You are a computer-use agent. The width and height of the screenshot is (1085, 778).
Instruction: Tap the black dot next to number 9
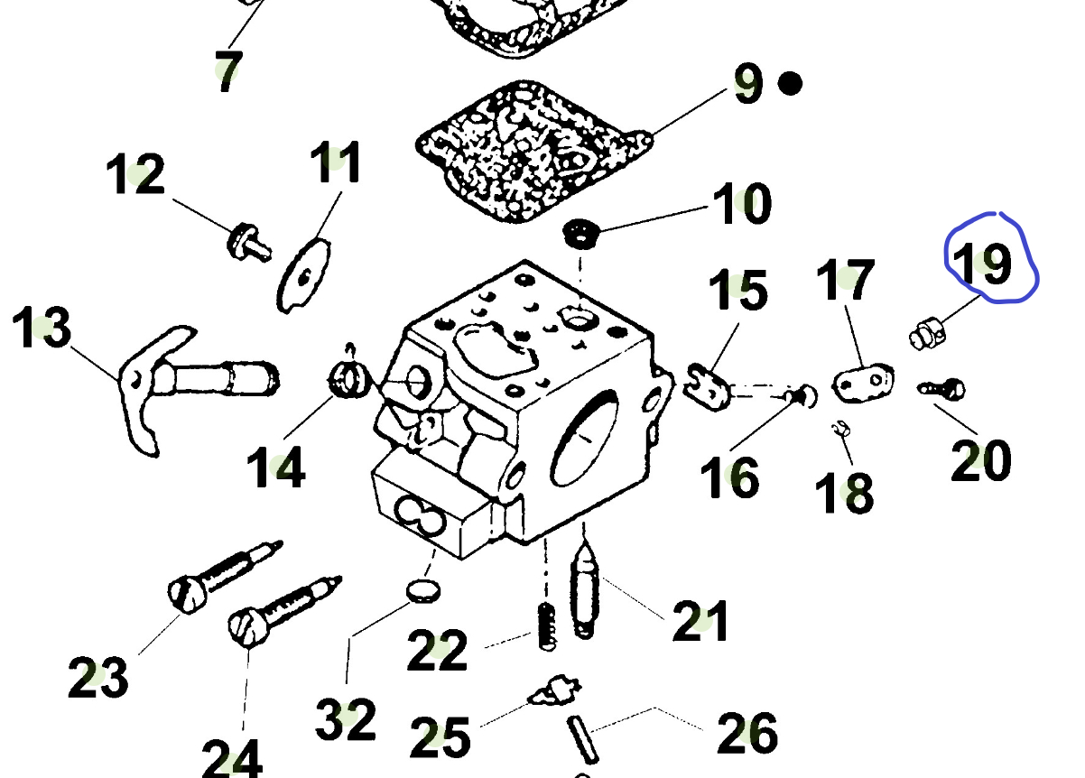pyautogui.click(x=790, y=84)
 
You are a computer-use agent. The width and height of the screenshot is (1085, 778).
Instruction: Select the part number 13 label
pyautogui.click(x=42, y=328)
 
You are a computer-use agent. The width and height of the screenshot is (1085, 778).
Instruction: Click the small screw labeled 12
pyautogui.click(x=245, y=240)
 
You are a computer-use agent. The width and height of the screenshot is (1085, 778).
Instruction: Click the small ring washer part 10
pyautogui.click(x=580, y=234)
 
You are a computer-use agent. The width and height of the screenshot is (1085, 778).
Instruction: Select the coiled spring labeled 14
pyautogui.click(x=348, y=376)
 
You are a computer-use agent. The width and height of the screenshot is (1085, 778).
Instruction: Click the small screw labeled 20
pyautogui.click(x=943, y=389)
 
